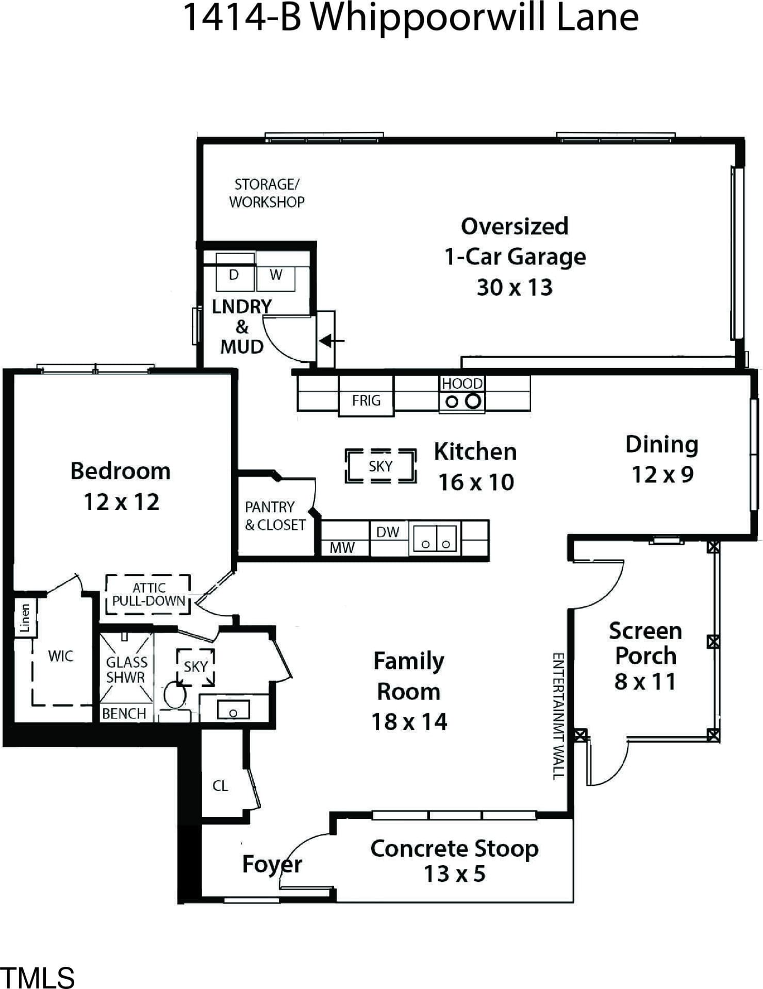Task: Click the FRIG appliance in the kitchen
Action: point(366,395)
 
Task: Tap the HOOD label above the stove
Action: point(462,383)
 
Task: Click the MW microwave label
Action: point(342,547)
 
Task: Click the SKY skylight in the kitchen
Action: point(380,466)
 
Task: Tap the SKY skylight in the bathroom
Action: point(195,667)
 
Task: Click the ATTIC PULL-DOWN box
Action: point(148,594)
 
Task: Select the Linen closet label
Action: point(24,618)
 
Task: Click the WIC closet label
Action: point(60,656)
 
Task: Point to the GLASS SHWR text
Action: point(126,669)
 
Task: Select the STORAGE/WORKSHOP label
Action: point(267,193)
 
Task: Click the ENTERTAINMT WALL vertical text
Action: point(558,716)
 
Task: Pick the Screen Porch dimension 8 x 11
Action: point(645,681)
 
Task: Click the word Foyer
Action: point(272,864)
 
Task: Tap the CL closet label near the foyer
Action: point(220,786)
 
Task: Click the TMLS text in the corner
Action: point(38,977)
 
